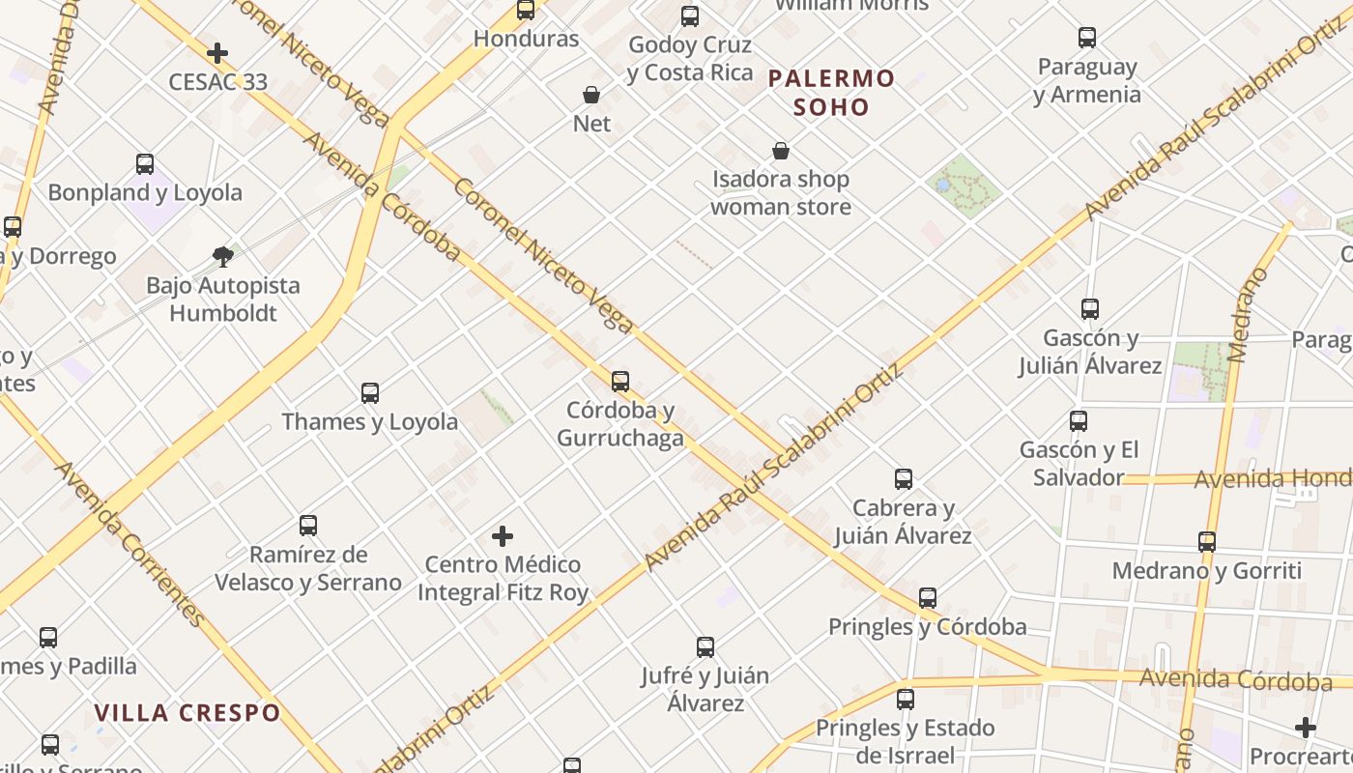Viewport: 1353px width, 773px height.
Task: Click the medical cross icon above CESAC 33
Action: pyautogui.click(x=217, y=53)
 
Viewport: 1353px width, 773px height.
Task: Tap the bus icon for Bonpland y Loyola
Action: pyautogui.click(x=145, y=164)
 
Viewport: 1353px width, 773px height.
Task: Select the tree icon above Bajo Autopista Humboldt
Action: pyautogui.click(x=223, y=257)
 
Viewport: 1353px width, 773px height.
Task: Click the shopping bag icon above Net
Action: pyautogui.click(x=591, y=95)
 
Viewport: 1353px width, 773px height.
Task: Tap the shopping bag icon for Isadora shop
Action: pyautogui.click(x=781, y=151)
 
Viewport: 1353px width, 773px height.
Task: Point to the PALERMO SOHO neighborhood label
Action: pyautogui.click(x=831, y=92)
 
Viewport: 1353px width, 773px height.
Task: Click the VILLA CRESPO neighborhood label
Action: pyautogui.click(x=187, y=713)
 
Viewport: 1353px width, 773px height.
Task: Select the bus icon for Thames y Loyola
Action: pyautogui.click(x=370, y=393)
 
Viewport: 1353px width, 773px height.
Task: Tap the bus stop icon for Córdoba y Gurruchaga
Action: pyautogui.click(x=620, y=382)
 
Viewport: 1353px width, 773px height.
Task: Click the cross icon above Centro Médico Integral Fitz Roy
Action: pyautogui.click(x=503, y=536)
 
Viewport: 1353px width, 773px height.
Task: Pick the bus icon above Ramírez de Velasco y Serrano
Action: pyautogui.click(x=308, y=526)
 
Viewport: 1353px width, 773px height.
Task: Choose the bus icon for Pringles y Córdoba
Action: pyautogui.click(x=928, y=598)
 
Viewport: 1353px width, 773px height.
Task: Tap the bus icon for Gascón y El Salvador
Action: pyautogui.click(x=1079, y=421)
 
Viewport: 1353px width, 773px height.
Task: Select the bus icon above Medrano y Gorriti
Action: pyautogui.click(x=1207, y=542)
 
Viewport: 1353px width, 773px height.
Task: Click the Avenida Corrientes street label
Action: pyautogui.click(x=130, y=543)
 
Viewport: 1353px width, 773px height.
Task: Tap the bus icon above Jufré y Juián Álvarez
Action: pyautogui.click(x=705, y=647)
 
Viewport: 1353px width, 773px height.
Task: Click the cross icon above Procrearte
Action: pyautogui.click(x=1306, y=728)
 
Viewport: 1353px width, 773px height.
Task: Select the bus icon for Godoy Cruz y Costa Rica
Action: pyautogui.click(x=690, y=16)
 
